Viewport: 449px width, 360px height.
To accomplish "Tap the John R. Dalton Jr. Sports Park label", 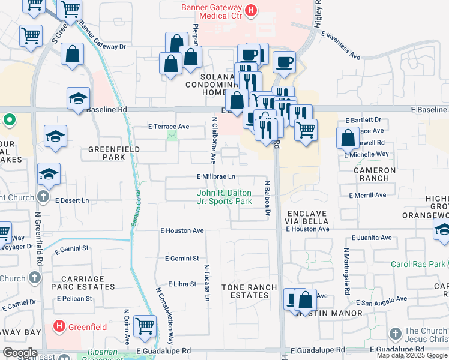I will [224, 197].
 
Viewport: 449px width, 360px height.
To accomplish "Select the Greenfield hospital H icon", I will [59, 327].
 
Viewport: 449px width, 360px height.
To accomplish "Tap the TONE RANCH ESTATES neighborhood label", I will [253, 292].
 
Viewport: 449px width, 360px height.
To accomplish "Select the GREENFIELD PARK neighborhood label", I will [114, 153].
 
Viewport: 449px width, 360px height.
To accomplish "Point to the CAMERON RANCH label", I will [374, 174].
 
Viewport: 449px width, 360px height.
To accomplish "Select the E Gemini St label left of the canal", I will [73, 248].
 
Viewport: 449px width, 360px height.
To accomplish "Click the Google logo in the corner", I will [20, 353].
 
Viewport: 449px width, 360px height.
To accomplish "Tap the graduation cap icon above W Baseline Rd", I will [78, 98].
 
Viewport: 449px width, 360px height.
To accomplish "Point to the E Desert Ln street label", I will [72, 200].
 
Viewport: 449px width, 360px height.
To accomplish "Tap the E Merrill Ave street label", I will [367, 195].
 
